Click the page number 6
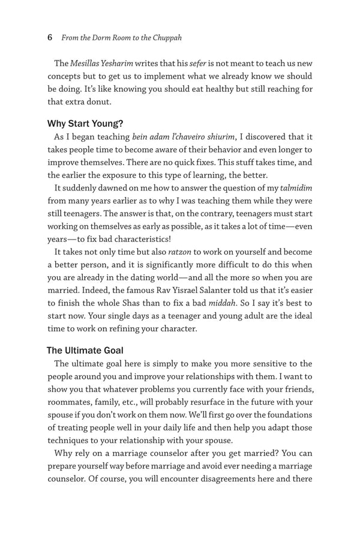(50, 37)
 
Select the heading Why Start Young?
(85, 124)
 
